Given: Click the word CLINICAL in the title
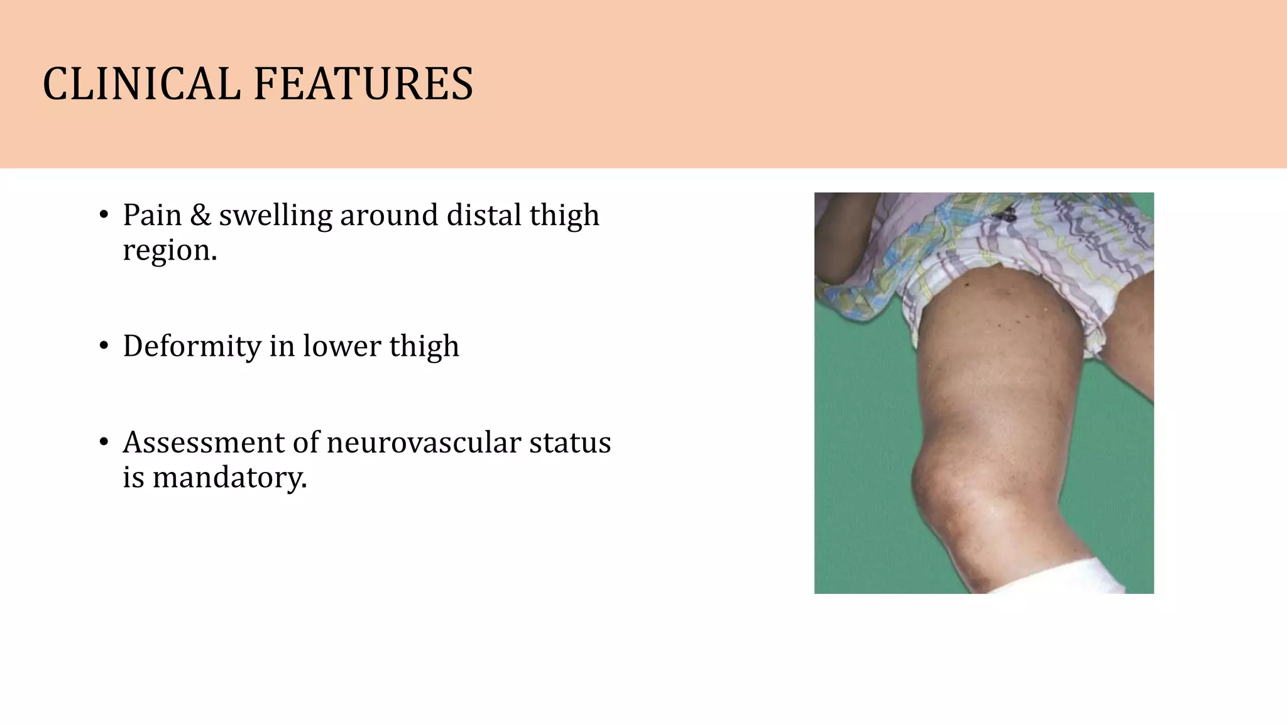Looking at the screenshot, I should (141, 84).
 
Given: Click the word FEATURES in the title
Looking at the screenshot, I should (363, 84).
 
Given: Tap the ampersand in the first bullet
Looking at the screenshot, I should (200, 215).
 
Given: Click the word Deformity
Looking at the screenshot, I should (191, 347).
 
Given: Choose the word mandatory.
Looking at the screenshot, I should (229, 478).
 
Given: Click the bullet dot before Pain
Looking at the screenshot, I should (104, 215).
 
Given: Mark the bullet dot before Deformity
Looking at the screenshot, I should (104, 346).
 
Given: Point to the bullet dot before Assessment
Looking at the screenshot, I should (104, 442).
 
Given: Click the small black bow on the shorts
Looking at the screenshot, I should (1004, 216).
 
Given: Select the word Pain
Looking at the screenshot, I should (151, 215).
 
